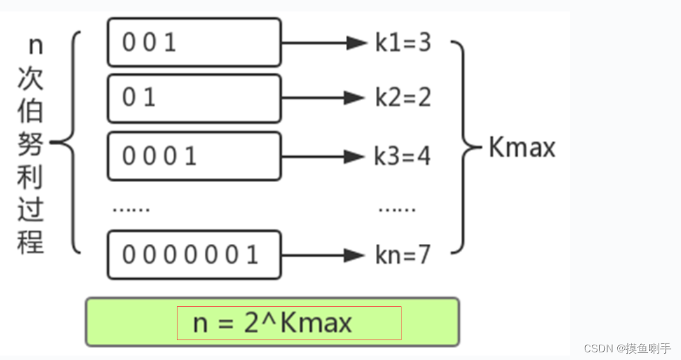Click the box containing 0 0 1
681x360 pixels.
pyautogui.click(x=194, y=42)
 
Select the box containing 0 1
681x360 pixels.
pyautogui.click(x=194, y=98)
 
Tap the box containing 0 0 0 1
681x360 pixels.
pyautogui.click(x=194, y=156)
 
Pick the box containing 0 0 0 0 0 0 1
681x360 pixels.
pyautogui.click(x=194, y=255)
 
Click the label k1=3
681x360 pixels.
pyautogui.click(x=403, y=43)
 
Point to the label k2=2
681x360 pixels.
pyautogui.click(x=403, y=98)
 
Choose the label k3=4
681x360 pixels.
pyautogui.click(x=402, y=156)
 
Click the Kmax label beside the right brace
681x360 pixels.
pyautogui.click(x=521, y=148)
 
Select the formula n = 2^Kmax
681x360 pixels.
pyautogui.click(x=273, y=323)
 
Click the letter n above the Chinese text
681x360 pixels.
pyautogui.click(x=36, y=45)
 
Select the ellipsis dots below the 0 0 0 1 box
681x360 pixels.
pyautogui.click(x=131, y=209)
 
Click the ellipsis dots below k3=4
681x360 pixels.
pyautogui.click(x=396, y=209)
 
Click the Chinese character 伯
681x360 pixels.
pyautogui.click(x=30, y=111)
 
